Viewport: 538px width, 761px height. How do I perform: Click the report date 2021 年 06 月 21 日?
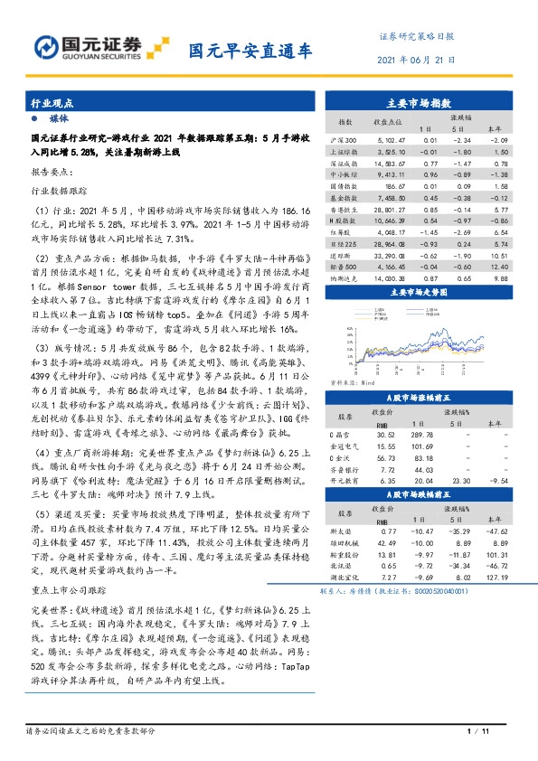point(415,61)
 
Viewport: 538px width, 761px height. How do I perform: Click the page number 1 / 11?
point(477,731)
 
